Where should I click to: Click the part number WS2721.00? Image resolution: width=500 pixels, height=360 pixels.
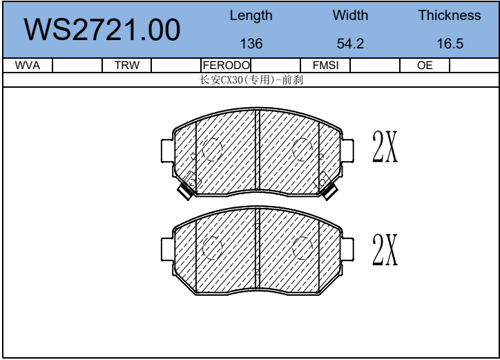click(x=102, y=30)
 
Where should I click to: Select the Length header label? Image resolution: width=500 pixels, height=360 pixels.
click(x=251, y=16)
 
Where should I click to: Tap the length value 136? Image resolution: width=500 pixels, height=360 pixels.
click(x=251, y=44)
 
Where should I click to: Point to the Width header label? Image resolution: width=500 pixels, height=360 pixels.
click(x=350, y=15)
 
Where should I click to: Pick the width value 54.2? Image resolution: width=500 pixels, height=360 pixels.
click(x=350, y=44)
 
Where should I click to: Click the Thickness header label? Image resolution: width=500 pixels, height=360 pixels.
click(x=450, y=15)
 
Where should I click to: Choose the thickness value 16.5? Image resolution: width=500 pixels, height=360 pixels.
click(x=450, y=44)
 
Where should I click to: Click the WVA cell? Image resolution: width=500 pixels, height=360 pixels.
click(x=28, y=66)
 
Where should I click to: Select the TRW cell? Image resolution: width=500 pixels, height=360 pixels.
click(x=127, y=66)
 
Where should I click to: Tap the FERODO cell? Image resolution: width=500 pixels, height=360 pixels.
click(x=226, y=66)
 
